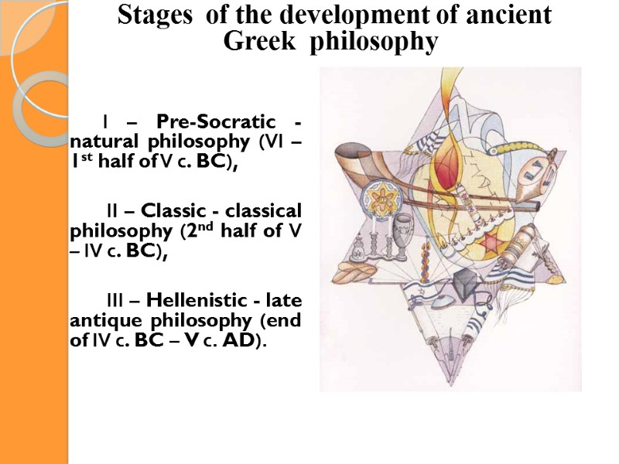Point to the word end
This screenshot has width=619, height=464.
pyautogui.click(x=285, y=320)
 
